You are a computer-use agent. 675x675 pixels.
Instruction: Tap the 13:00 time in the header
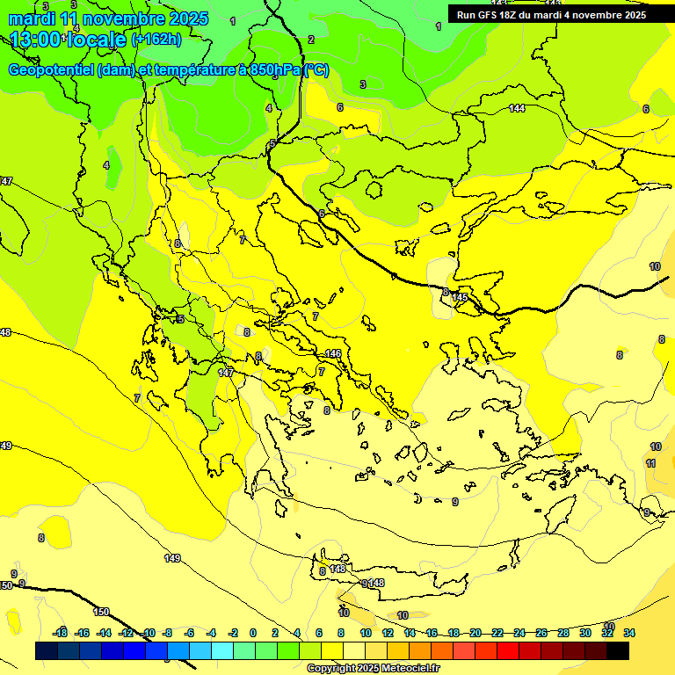pyautogui.click(x=36, y=40)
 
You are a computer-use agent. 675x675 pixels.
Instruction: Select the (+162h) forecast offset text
pyautogui.click(x=156, y=40)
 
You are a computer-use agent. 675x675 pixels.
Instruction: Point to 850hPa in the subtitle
pyautogui.click(x=274, y=70)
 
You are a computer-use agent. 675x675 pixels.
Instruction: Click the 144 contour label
pyautogui.click(x=517, y=108)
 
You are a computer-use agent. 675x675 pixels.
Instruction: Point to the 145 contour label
pyautogui.click(x=459, y=298)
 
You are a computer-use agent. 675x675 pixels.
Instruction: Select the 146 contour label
pyautogui.click(x=333, y=353)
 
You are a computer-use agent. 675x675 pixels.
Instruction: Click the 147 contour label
pyautogui.click(x=226, y=373)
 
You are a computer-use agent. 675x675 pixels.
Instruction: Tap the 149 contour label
pyautogui.click(x=172, y=558)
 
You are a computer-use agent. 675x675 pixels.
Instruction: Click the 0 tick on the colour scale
pyautogui.click(x=252, y=633)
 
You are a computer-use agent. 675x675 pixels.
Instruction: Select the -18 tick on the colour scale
pyautogui.click(x=60, y=633)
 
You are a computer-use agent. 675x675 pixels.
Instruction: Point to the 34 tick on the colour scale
pyautogui.click(x=629, y=633)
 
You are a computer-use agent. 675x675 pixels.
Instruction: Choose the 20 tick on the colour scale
pyautogui.click(x=475, y=633)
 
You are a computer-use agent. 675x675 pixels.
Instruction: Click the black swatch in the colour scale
pyautogui.click(x=618, y=650)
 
